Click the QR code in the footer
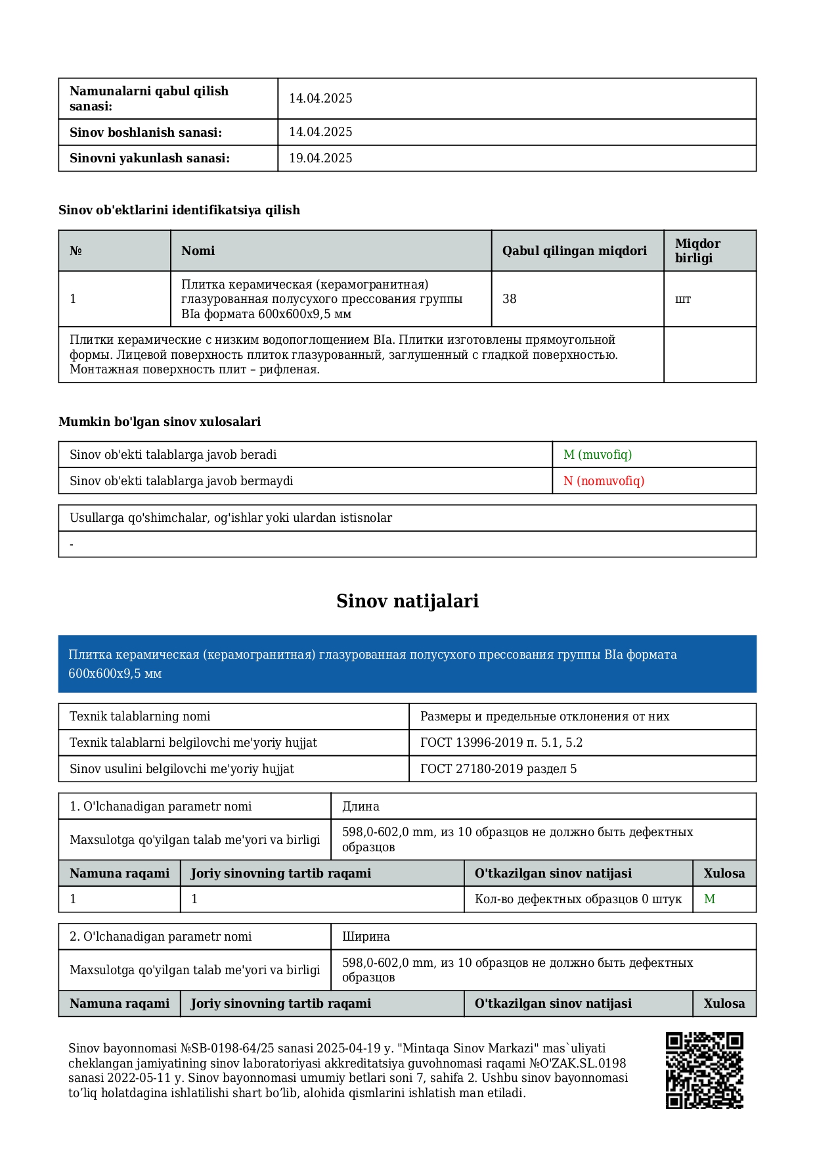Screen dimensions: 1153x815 (704, 1070)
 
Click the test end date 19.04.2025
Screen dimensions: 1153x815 (320, 158)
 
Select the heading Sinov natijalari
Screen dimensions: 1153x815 (407, 601)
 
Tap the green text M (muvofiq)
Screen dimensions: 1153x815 (598, 455)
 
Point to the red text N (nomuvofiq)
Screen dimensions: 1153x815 (604, 481)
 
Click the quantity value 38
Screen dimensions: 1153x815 (510, 299)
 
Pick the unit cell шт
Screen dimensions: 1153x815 (683, 299)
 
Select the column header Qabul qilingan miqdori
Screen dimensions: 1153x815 (575, 251)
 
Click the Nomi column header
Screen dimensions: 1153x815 (198, 251)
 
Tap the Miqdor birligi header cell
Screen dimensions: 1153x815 (697, 251)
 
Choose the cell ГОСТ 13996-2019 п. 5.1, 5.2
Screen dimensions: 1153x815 (502, 743)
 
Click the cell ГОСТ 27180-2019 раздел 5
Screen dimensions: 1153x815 (498, 769)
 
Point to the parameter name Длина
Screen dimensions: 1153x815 (361, 807)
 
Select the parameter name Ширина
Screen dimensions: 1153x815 (366, 937)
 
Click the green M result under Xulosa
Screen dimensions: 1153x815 (709, 899)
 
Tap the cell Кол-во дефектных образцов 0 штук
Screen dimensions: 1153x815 (578, 899)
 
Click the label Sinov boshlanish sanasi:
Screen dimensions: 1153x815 (146, 133)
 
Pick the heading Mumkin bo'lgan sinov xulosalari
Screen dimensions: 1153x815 (160, 422)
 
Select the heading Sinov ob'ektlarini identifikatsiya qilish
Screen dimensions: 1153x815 (179, 210)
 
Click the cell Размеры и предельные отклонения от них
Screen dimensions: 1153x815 (544, 717)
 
